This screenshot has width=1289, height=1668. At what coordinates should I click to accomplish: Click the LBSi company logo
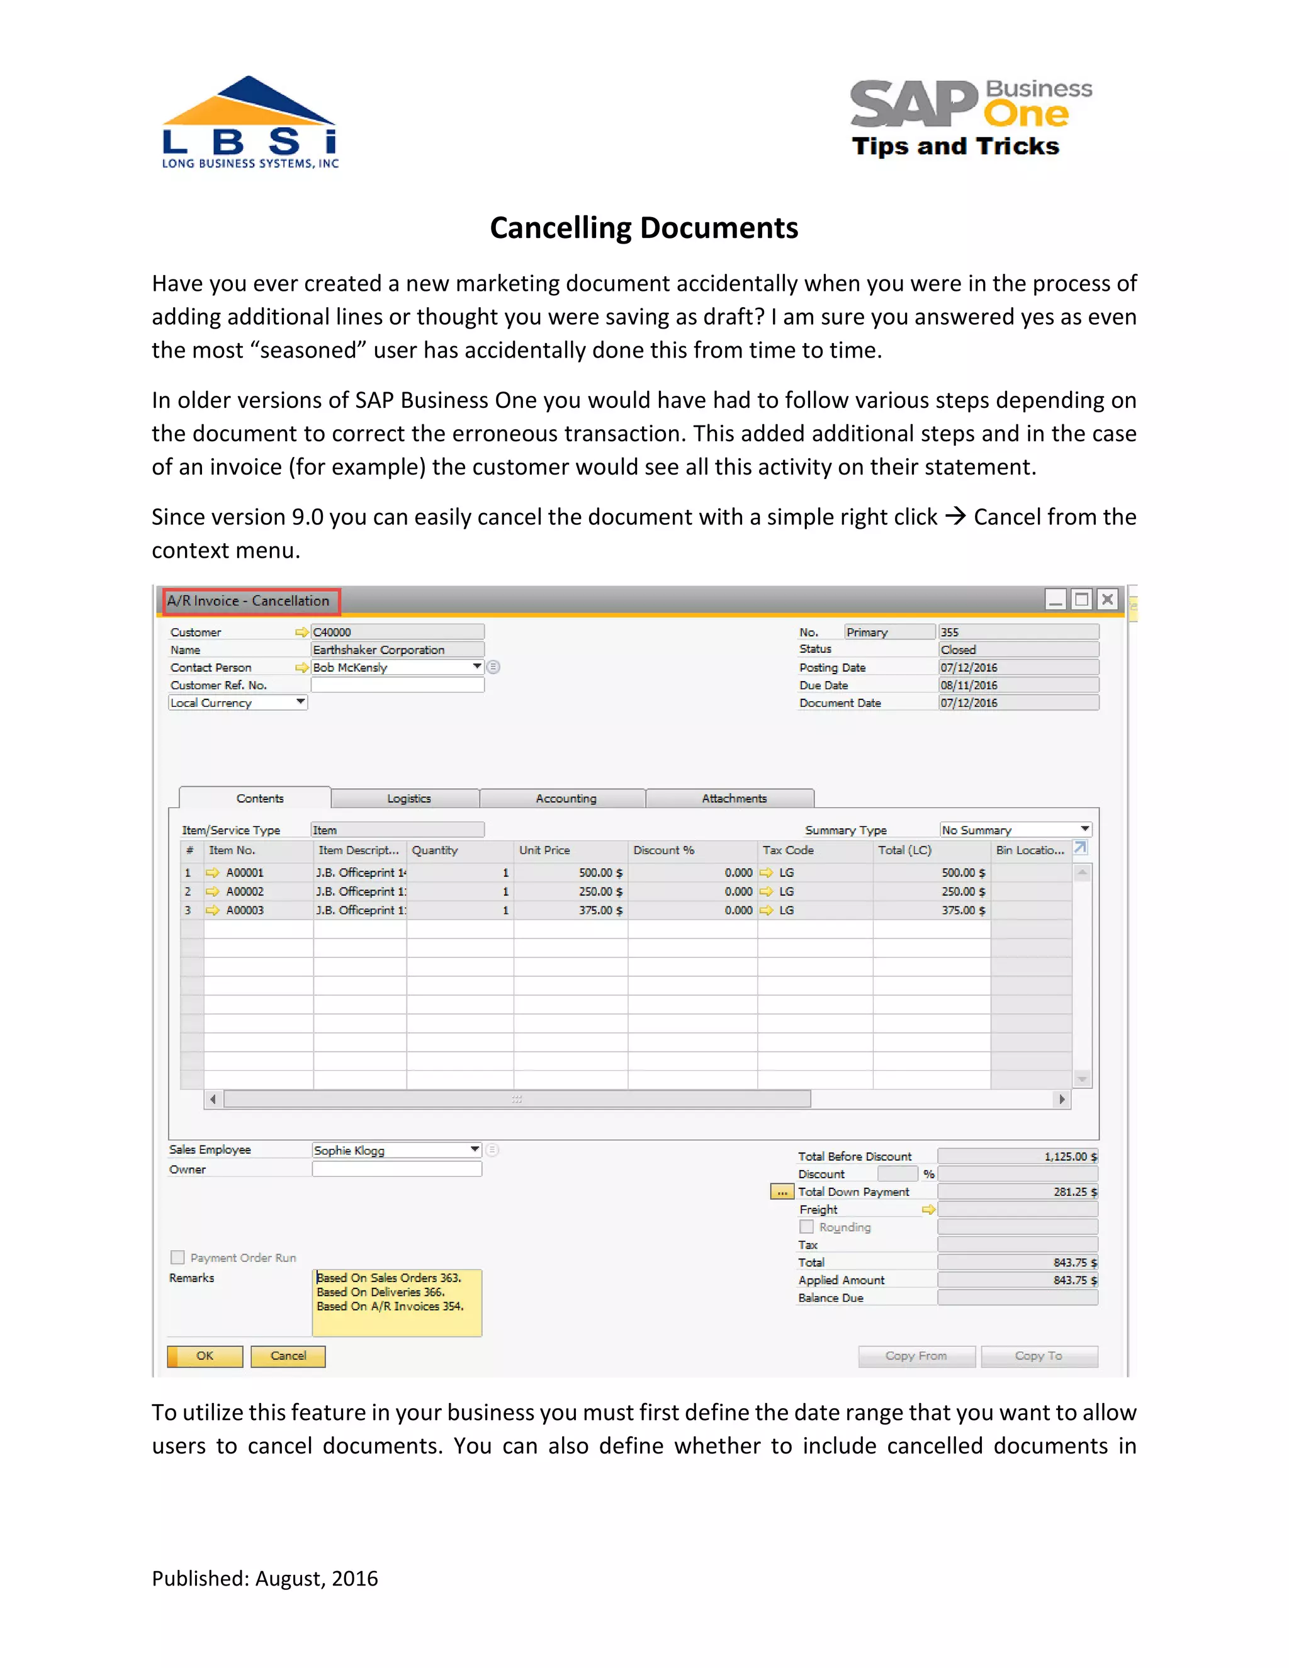[x=250, y=123]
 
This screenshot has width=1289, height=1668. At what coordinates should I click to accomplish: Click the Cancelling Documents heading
[x=644, y=228]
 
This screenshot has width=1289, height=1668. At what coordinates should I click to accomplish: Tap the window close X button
[x=1107, y=599]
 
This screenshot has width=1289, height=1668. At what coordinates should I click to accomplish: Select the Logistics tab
[x=408, y=798]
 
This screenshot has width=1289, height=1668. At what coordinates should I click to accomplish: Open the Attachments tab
[x=733, y=798]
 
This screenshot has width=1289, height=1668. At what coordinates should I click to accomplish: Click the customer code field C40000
[x=397, y=631]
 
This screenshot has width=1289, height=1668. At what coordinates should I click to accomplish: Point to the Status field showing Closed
[x=1017, y=649]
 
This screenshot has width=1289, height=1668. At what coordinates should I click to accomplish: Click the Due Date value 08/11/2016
[x=1017, y=685]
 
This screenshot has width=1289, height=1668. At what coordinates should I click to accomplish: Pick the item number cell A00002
[x=245, y=891]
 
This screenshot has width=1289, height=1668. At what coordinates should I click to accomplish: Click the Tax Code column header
[x=789, y=850]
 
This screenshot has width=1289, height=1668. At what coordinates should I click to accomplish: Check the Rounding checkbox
[x=806, y=1227]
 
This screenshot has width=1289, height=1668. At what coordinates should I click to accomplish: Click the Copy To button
[x=1039, y=1356]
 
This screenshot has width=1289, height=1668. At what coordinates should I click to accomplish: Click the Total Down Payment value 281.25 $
[x=1017, y=1192]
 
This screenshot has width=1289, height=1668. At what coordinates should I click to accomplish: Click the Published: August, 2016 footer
[x=264, y=1578]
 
